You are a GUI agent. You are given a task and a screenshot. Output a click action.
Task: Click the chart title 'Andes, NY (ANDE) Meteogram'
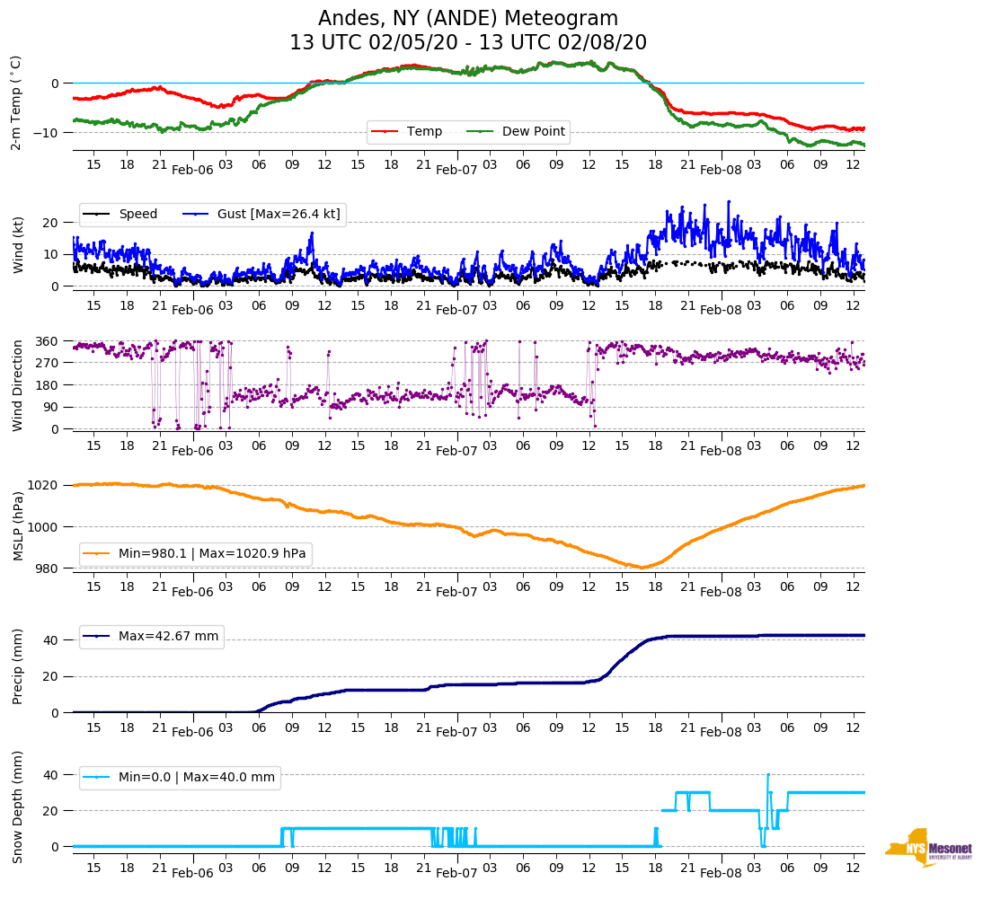click(468, 19)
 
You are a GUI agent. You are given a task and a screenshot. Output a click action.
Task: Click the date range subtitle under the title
click(468, 43)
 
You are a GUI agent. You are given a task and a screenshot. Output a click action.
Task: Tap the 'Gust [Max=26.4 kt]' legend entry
click(281, 214)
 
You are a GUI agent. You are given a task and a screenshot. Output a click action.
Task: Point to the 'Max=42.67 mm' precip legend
click(168, 636)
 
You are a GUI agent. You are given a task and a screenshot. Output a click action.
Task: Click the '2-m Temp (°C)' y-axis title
click(16, 101)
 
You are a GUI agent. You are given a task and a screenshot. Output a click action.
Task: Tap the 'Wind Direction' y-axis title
click(16, 385)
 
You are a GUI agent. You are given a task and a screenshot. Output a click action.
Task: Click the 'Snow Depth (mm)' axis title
click(16, 806)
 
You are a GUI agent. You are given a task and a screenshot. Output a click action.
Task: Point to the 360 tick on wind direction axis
click(47, 341)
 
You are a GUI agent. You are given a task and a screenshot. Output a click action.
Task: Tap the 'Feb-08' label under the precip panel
click(721, 732)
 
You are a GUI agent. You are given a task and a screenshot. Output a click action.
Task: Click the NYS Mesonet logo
click(928, 848)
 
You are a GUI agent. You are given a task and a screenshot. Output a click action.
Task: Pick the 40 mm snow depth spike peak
click(768, 774)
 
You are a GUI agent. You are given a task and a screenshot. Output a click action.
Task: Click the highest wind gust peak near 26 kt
click(729, 201)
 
